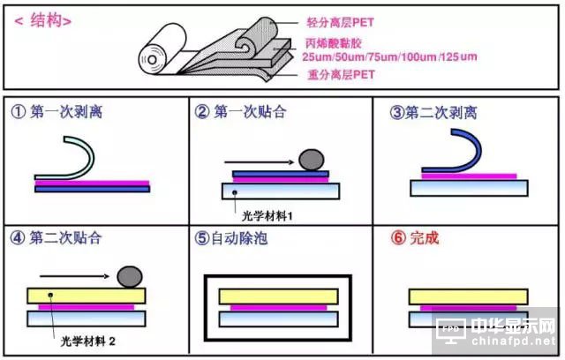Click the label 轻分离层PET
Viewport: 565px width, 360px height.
click(x=340, y=23)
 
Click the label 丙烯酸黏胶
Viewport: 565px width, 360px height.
click(x=334, y=43)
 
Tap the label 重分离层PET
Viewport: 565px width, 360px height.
click(x=342, y=74)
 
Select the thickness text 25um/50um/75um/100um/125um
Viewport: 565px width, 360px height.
click(x=389, y=56)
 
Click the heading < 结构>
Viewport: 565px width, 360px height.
click(x=42, y=20)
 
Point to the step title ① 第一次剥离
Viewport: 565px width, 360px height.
click(x=56, y=111)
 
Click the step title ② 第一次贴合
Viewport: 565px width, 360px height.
click(x=241, y=111)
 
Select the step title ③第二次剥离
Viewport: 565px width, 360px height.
click(x=433, y=113)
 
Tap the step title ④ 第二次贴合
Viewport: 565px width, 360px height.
click(x=56, y=238)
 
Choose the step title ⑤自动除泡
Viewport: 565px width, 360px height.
click(x=231, y=238)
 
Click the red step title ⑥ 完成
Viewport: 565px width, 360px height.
click(x=415, y=238)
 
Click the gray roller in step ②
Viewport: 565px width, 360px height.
click(x=312, y=160)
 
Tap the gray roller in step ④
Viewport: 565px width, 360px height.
click(x=130, y=277)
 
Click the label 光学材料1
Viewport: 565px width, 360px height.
click(x=267, y=216)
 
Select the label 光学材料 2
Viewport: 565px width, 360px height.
click(x=88, y=341)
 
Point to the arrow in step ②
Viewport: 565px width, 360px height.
click(x=260, y=162)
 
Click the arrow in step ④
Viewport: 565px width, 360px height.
click(x=74, y=276)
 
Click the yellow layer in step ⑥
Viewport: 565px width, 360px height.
click(x=469, y=297)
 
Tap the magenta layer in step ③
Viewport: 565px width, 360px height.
click(x=469, y=176)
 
